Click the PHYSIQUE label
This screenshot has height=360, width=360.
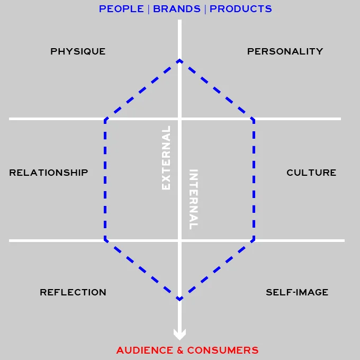pos(78,51)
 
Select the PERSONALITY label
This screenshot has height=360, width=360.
pos(285,51)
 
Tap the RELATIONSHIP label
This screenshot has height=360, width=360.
pos(49,173)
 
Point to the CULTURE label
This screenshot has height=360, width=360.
pos(311,173)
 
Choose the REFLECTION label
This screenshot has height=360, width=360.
pos(73,292)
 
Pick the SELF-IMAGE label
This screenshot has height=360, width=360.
pos(297,292)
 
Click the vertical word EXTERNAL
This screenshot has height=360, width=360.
pos(166,158)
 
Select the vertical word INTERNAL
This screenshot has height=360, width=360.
pos(194,199)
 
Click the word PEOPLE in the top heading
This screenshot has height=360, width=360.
pos(121,9)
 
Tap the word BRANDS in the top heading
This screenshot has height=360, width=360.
pos(177,9)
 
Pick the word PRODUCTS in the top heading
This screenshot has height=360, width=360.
pos(241,9)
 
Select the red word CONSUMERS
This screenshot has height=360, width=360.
pos(223,350)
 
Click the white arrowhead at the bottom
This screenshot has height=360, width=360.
pos(180,335)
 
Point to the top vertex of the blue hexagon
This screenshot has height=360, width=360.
pos(180,60)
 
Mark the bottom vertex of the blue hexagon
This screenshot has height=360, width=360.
pos(180,300)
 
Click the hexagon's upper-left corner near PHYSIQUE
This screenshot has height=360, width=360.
pos(106,120)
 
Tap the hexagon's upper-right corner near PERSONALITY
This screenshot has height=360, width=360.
pos(254,120)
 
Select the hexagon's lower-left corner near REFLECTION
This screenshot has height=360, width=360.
pos(106,240)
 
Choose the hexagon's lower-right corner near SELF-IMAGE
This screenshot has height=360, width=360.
pos(254,240)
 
